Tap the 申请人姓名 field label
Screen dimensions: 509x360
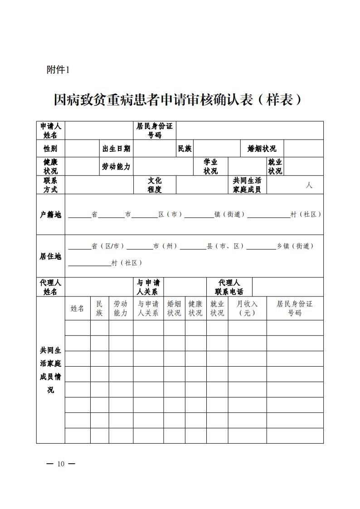click(x=51, y=131)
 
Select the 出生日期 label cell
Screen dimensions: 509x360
click(x=117, y=149)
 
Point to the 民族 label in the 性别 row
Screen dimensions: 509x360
click(x=185, y=149)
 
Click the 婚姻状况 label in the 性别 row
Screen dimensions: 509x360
click(x=262, y=149)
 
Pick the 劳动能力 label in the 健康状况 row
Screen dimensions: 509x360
click(x=117, y=167)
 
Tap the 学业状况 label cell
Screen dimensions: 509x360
click(x=210, y=167)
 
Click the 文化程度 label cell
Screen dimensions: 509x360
click(x=155, y=185)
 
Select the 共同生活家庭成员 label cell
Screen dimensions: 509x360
click(x=247, y=185)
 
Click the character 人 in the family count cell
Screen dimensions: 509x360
click(x=309, y=185)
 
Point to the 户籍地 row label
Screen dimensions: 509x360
click(x=51, y=214)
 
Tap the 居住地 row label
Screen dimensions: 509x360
click(x=51, y=256)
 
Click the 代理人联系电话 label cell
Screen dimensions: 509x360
click(x=229, y=287)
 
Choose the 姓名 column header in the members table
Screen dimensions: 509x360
click(x=78, y=308)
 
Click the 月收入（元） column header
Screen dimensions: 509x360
click(x=247, y=308)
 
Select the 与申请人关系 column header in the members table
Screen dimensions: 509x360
click(x=148, y=308)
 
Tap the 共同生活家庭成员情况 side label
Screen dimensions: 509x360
click(x=51, y=370)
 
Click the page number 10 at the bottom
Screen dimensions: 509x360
click(x=61, y=464)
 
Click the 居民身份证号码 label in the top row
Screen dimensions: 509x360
click(x=155, y=131)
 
